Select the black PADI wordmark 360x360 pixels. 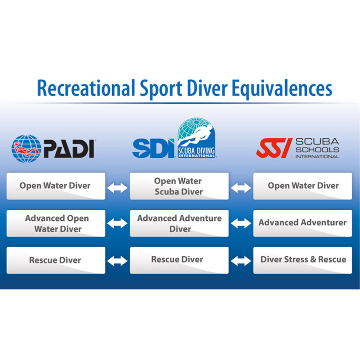click(69, 148)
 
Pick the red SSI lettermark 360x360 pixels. click(274, 148)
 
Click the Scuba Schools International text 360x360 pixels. click(317, 148)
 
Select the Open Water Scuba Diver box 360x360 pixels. click(179, 186)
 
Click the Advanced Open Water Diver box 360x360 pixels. click(56, 223)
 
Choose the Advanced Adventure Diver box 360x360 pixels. click(179, 223)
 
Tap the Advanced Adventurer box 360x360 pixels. click(302, 223)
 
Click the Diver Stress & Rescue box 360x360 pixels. click(302, 260)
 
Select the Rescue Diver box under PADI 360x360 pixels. click(56, 260)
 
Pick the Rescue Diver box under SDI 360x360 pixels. click(179, 260)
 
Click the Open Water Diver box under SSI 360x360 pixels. click(302, 186)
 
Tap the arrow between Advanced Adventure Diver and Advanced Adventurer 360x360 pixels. click(241, 224)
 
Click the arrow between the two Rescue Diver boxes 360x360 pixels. click(117, 261)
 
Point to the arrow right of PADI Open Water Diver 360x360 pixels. click(117, 187)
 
